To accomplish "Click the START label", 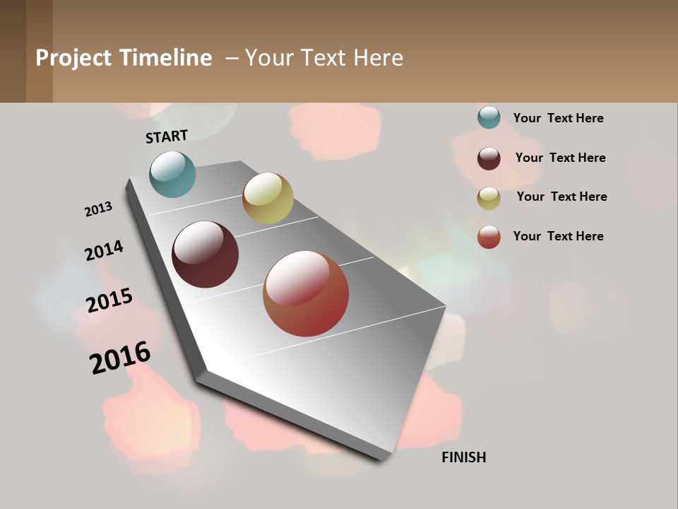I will [167, 136].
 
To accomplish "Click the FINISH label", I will [463, 457].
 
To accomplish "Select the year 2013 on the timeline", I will [98, 209].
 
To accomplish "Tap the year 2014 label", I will [104, 250].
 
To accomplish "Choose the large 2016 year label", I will [120, 358].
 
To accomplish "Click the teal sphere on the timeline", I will [172, 174].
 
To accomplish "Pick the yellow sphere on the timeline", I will [268, 198].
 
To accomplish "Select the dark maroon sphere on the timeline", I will [205, 255].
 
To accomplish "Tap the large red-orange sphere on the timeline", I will [306, 293].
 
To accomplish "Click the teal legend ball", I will [489, 117].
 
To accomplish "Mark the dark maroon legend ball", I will [489, 158].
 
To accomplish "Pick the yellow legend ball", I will [489, 198].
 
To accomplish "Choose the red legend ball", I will [489, 237].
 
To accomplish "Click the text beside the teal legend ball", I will [558, 118].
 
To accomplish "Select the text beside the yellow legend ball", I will [561, 197].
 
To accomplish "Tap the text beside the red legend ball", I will [558, 236].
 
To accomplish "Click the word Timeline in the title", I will [165, 58].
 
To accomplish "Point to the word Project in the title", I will [73, 58].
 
